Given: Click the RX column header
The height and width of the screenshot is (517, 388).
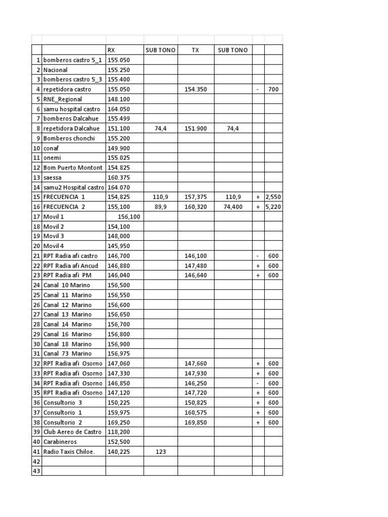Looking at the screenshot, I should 112,50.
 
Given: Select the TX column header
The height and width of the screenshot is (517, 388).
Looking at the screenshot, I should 196,50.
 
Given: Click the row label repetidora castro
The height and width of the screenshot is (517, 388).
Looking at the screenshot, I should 67,89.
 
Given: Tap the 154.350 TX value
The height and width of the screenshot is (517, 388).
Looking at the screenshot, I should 196,89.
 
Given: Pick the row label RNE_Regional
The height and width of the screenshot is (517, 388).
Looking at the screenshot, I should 63,99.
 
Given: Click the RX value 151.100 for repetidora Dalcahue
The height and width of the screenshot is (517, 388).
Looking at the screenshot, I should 119,128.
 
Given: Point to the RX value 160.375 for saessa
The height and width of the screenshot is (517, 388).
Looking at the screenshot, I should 119,177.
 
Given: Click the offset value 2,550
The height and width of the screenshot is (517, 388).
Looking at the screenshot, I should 273,197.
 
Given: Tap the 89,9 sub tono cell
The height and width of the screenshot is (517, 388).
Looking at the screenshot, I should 160,206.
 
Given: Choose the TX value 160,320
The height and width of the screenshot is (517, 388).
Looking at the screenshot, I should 196,206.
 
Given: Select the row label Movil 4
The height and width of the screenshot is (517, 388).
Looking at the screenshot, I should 54,246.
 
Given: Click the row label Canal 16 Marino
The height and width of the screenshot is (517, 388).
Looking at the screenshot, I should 68,334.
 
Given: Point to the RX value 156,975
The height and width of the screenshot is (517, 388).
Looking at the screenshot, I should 119,354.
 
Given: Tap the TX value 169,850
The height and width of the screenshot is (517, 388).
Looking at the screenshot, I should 196,423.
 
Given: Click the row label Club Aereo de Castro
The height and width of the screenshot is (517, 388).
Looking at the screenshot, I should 72,432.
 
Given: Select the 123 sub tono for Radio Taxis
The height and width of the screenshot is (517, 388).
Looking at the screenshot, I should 160,452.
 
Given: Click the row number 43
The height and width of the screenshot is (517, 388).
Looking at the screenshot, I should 36,471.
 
